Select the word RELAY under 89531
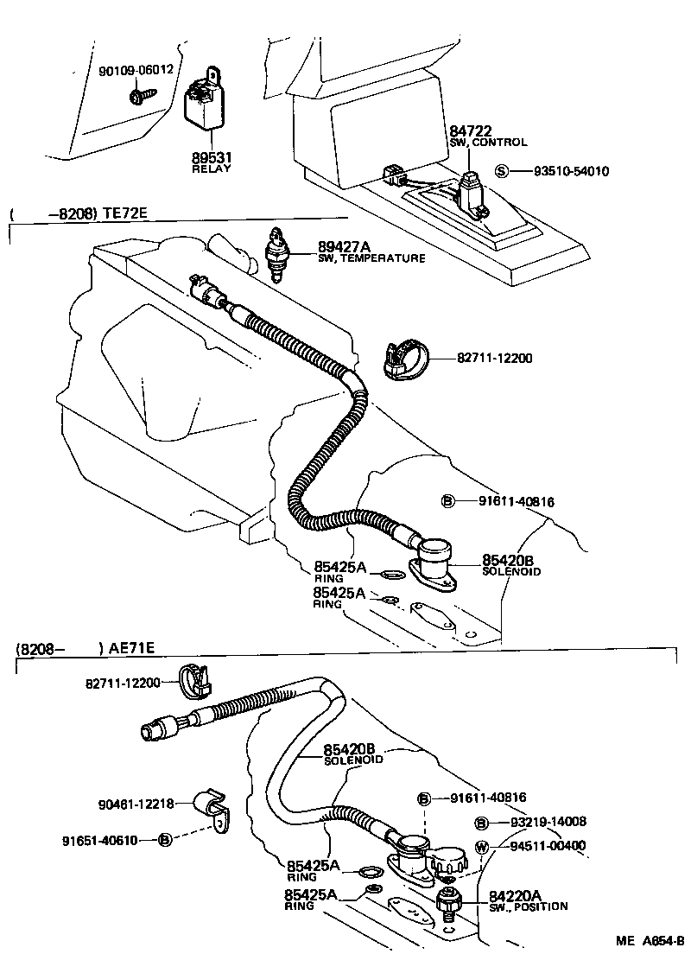coord(212,169)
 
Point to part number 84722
coord(471,130)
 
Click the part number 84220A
coord(515,895)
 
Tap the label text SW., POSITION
coord(529,906)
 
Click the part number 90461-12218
coord(135,804)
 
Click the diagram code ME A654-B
coord(650,941)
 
